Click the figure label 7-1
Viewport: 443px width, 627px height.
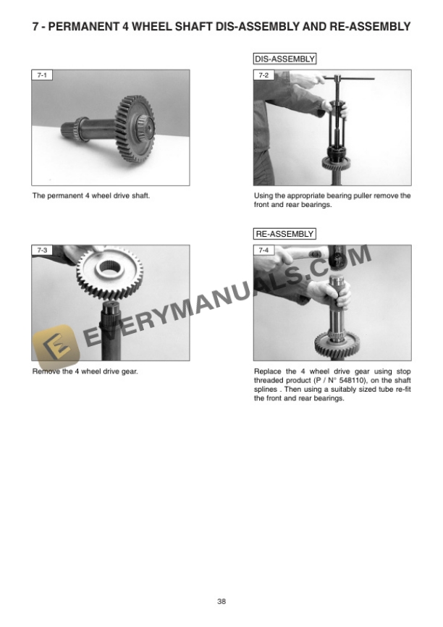(40, 75)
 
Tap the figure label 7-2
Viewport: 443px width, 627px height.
(262, 75)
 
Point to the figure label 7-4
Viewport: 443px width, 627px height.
(262, 250)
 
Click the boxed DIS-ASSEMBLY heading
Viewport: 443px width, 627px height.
(284, 59)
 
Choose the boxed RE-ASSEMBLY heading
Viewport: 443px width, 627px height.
(284, 234)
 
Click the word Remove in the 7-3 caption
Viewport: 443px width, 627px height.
(45, 371)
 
